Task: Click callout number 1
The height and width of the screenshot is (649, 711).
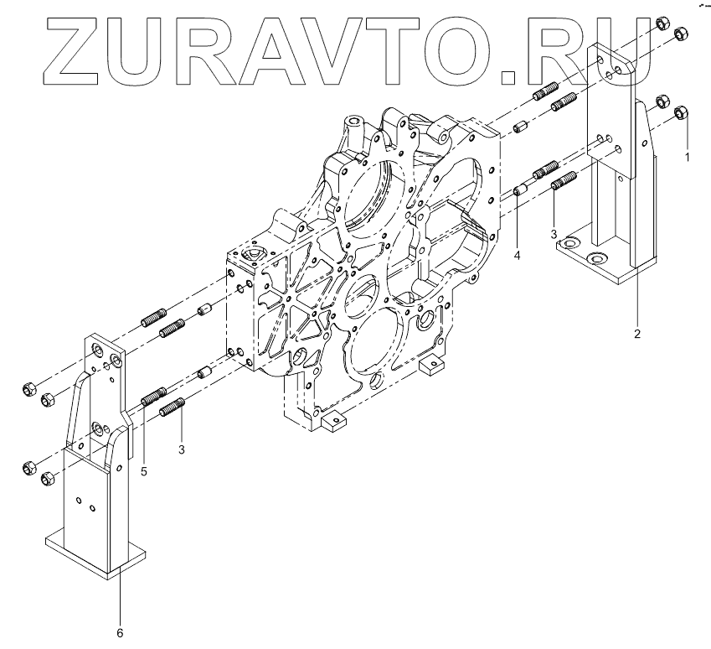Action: (x=687, y=157)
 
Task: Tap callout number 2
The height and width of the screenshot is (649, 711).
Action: (x=637, y=334)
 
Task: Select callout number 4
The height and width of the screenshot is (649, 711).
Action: (x=517, y=256)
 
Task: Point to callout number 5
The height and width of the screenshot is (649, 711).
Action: (x=144, y=471)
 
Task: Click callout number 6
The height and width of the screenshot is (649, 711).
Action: (x=120, y=633)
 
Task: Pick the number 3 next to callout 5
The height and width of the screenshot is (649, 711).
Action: (x=182, y=449)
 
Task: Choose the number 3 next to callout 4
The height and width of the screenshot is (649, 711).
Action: (x=554, y=234)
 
